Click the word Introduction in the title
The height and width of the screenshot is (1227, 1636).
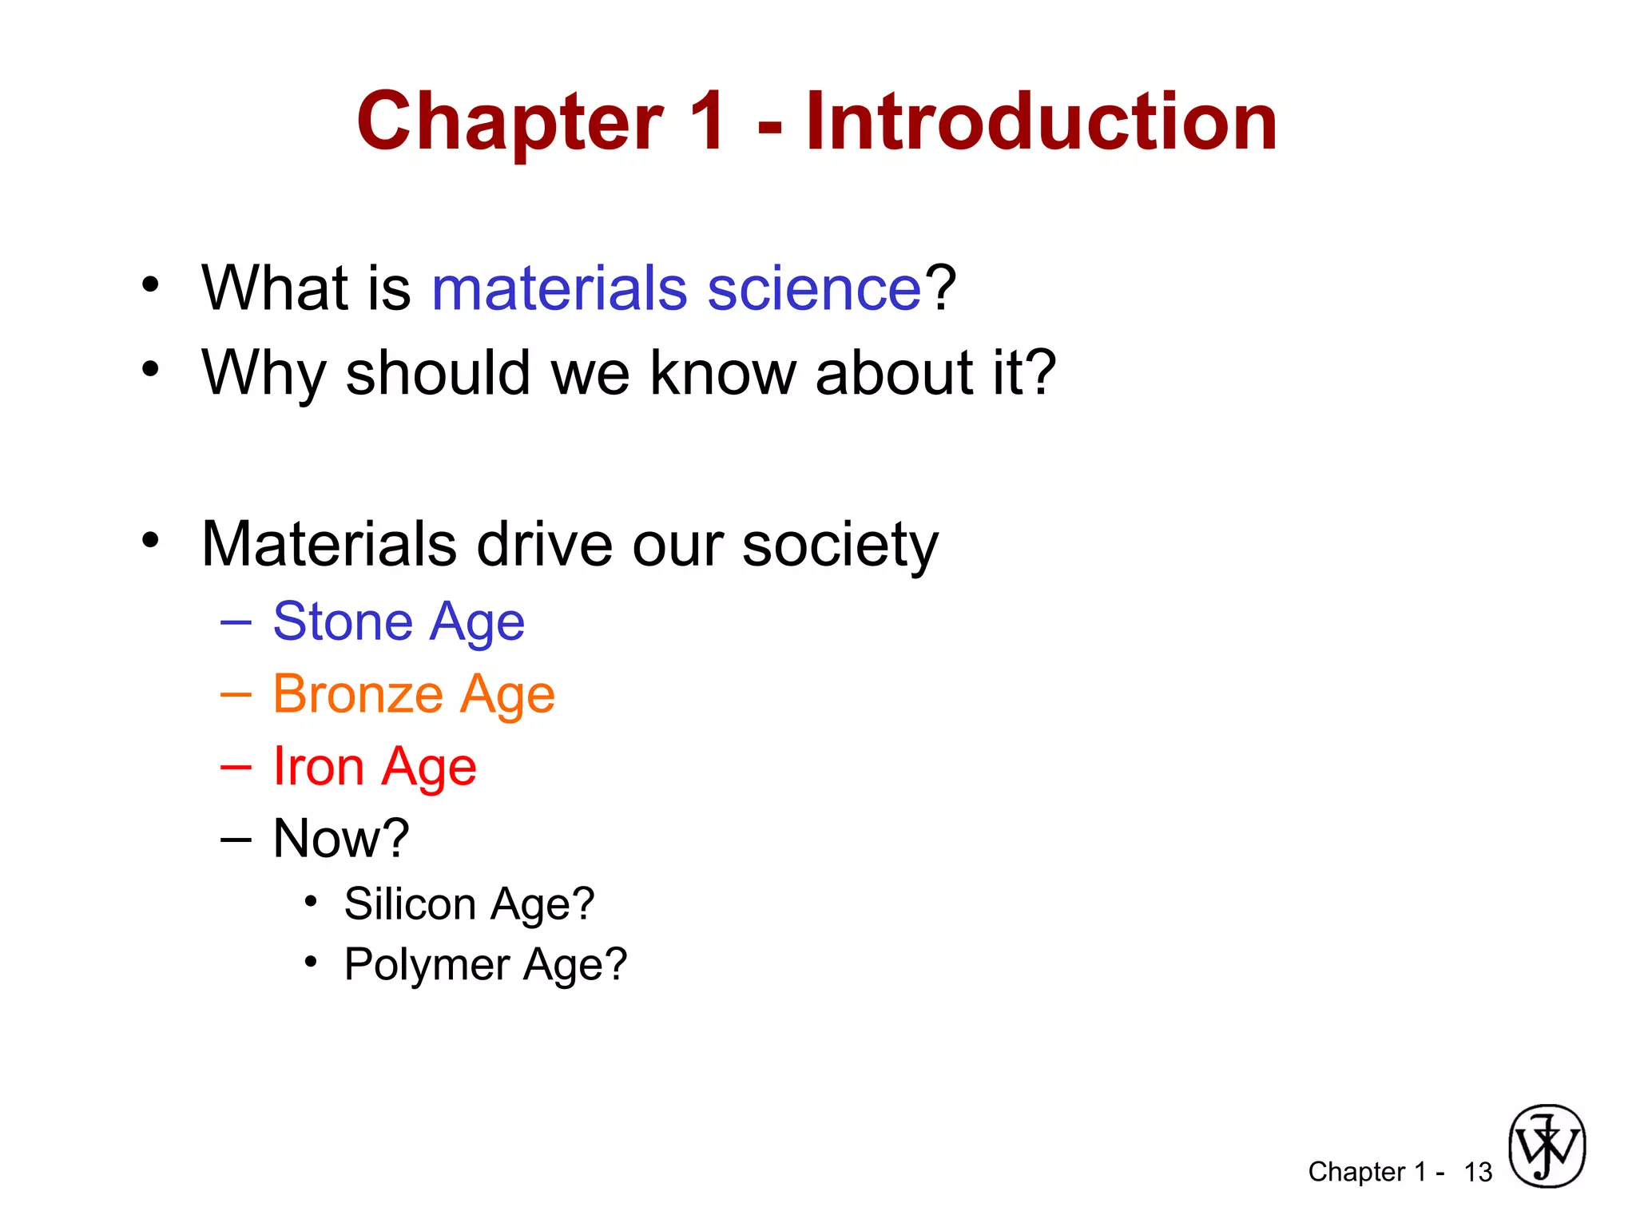[1041, 121]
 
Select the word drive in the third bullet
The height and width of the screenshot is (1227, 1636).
[544, 546]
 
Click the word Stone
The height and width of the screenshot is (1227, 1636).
[343, 621]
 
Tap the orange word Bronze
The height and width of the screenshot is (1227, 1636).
[358, 694]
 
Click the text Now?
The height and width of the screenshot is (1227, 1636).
[341, 839]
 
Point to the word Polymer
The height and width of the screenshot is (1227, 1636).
[427, 964]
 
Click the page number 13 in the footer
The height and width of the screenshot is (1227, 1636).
[1478, 1172]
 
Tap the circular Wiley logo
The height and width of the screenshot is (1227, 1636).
[1547, 1146]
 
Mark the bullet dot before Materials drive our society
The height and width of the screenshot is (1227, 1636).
[150, 541]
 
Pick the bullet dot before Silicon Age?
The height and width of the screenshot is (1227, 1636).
[311, 902]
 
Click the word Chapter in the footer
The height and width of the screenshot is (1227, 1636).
[1356, 1172]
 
